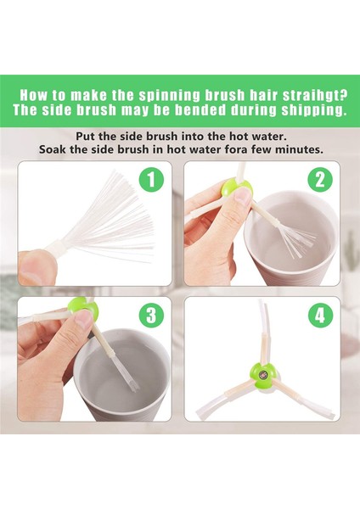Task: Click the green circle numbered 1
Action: (x=151, y=180)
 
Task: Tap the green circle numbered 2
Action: (x=320, y=180)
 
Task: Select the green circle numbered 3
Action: (x=151, y=316)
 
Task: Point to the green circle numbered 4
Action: (x=320, y=316)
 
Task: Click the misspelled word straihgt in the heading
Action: (x=314, y=95)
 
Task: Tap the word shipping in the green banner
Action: (x=312, y=110)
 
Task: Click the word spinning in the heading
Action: (x=169, y=95)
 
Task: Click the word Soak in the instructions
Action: (x=51, y=150)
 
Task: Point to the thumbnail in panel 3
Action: (x=83, y=318)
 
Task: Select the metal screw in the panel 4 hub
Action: (x=263, y=375)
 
